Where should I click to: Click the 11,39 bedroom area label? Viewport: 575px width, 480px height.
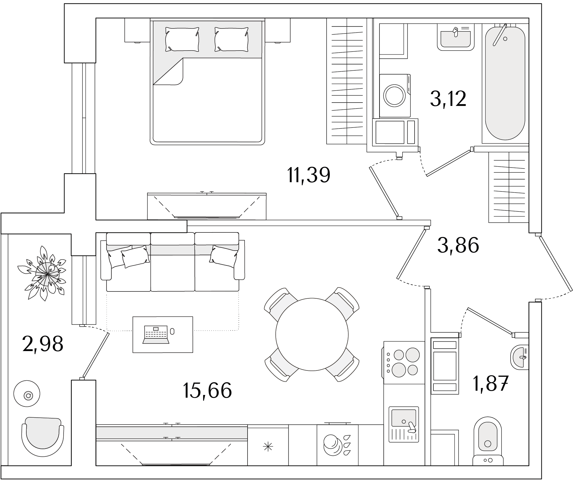[309, 175]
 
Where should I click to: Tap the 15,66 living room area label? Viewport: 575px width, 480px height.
[207, 390]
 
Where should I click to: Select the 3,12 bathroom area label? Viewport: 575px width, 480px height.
[448, 99]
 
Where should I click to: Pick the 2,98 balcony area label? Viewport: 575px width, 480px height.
[43, 344]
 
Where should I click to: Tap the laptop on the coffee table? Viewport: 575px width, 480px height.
[156, 334]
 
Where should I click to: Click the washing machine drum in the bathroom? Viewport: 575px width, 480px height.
[395, 95]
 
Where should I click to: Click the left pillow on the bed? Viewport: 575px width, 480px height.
[182, 39]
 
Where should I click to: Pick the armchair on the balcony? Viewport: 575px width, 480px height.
[43, 435]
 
